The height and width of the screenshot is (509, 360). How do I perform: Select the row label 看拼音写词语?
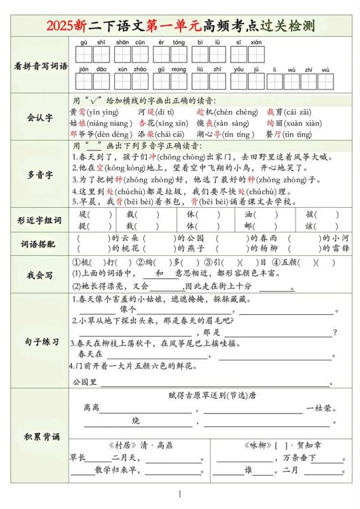(x=41, y=67)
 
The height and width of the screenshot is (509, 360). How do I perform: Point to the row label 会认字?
(x=41, y=117)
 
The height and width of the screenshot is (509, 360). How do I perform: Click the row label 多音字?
(x=41, y=175)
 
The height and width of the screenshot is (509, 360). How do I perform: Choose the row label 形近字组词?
(x=41, y=221)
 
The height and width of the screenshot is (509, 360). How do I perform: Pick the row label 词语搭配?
(x=41, y=243)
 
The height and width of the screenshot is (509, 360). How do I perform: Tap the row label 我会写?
(x=41, y=275)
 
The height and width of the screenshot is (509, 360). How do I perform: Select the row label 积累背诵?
(x=41, y=435)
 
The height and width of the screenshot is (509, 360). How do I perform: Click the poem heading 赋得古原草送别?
(x=201, y=395)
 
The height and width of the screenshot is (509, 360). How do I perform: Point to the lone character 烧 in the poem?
(x=136, y=421)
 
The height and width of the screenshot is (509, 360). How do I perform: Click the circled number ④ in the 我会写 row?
(x=276, y=262)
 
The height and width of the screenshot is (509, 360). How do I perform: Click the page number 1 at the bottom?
(x=180, y=495)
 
